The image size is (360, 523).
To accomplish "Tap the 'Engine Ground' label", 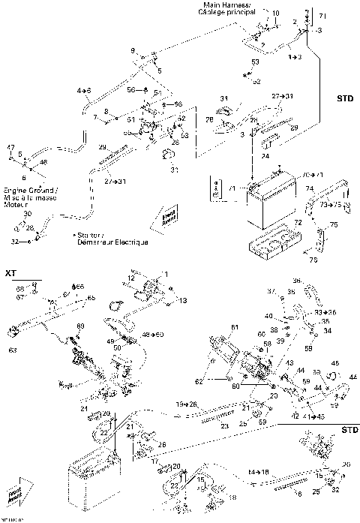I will (25, 190).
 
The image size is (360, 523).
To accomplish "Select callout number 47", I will (10, 147).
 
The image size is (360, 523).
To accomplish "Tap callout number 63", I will (12, 349).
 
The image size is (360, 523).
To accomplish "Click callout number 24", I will (265, 156).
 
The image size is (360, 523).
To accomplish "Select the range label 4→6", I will (83, 91).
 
